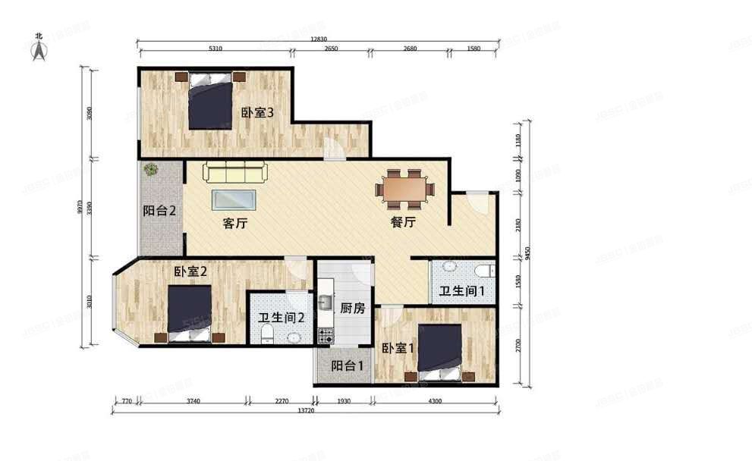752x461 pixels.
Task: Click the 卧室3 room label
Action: tap(256, 113)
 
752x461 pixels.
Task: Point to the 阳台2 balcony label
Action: tap(159, 211)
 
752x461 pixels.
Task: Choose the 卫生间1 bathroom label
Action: tap(462, 292)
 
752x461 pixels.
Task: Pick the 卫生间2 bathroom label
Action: tap(282, 318)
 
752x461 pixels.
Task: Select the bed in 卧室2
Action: tap(189, 311)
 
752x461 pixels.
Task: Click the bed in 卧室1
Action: tap(439, 350)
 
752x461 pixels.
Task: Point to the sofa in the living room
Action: tap(234, 172)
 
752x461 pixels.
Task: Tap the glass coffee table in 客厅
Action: tap(234, 199)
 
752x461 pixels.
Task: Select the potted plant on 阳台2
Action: tap(150, 170)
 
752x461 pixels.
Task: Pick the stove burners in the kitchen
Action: tap(326, 334)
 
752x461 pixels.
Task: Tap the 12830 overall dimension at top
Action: tap(318, 39)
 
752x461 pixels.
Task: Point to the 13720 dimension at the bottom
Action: tap(305, 410)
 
